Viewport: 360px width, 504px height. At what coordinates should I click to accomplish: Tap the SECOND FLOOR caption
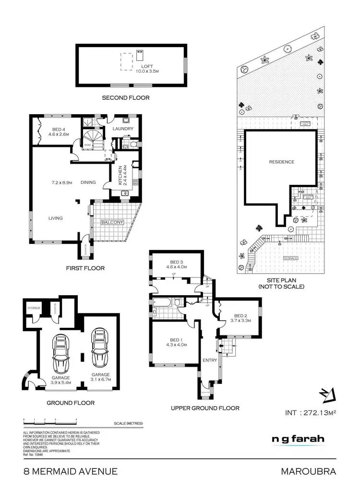click(126, 98)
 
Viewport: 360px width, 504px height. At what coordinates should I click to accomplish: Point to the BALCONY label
click(112, 222)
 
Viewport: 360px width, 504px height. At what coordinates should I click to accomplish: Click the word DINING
click(88, 182)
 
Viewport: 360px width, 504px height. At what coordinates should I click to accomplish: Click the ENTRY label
click(210, 360)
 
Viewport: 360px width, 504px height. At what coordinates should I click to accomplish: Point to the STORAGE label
click(34, 308)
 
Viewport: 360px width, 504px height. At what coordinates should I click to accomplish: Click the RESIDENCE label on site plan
click(281, 162)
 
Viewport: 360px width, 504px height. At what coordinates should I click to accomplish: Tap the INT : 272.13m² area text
click(311, 412)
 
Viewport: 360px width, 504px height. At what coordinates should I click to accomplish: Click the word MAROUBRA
click(308, 471)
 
